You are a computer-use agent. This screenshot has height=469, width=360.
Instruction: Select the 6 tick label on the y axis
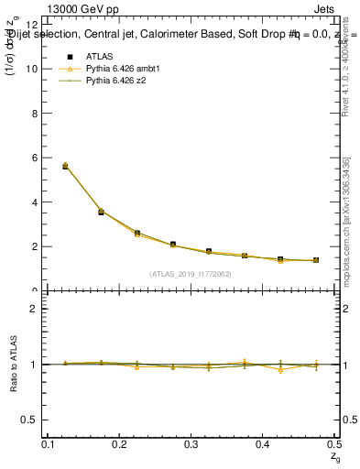pos(34,158)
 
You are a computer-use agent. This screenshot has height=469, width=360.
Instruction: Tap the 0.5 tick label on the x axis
pos(335,444)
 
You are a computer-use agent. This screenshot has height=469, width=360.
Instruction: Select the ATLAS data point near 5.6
pos(65,166)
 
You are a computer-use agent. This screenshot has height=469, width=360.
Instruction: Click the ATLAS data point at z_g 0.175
pos(101,212)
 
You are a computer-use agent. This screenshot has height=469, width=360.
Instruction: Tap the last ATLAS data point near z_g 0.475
pos(315,260)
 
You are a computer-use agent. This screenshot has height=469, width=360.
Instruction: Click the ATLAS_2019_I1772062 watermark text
pos(191,273)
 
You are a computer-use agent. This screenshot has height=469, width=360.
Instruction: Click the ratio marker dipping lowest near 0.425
pos(279,370)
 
